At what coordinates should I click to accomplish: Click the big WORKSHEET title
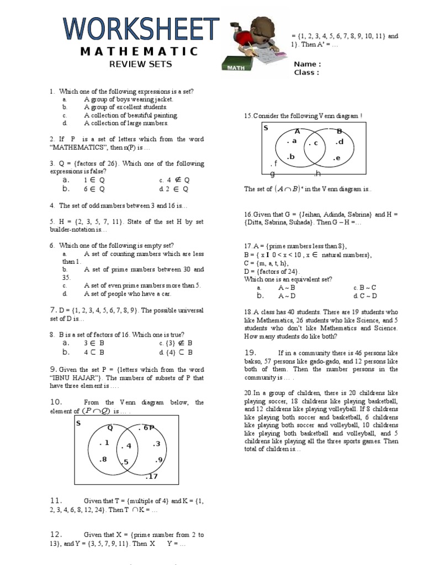click(141, 28)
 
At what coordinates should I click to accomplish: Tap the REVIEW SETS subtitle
click(140, 64)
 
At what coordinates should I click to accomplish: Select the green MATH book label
click(236, 68)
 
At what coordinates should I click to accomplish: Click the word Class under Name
click(306, 72)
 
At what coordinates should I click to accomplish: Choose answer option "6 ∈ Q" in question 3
click(94, 189)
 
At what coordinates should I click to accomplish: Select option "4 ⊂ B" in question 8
click(94, 352)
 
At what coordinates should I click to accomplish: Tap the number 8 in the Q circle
click(103, 459)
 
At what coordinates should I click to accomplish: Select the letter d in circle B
click(340, 142)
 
